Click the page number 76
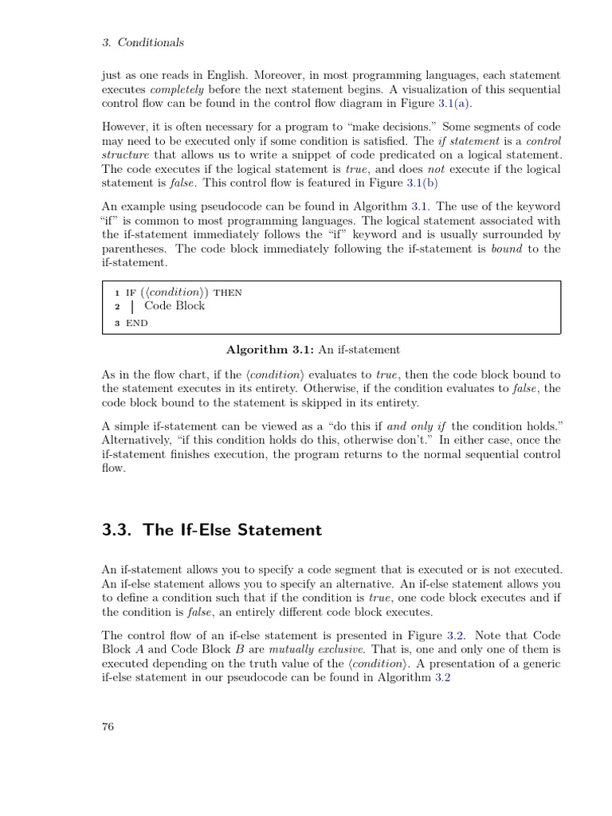(x=108, y=726)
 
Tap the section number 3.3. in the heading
(x=119, y=530)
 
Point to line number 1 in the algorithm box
(x=116, y=292)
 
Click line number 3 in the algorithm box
(x=116, y=323)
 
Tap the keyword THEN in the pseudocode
(x=228, y=292)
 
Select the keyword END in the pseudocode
(x=137, y=323)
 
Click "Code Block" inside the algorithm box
(x=175, y=306)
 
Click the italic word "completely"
(x=178, y=89)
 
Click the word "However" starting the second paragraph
(x=127, y=127)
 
